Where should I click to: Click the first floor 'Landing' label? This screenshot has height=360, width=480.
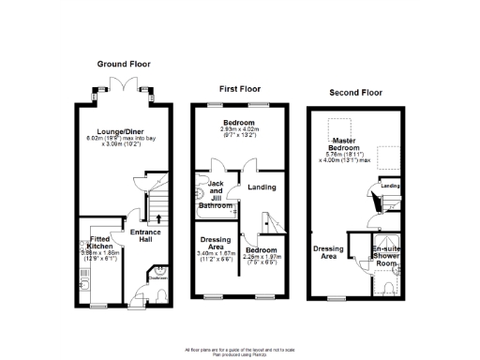point(262,187)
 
